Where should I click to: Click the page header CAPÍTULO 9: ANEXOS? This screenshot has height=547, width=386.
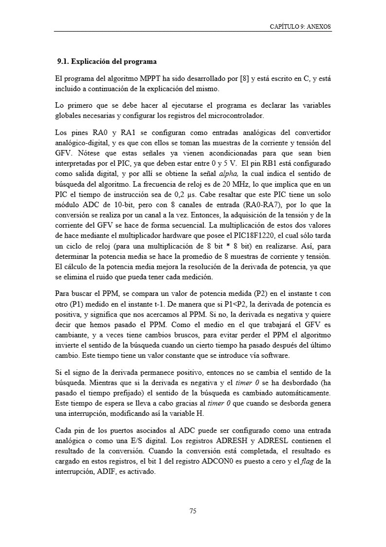pyautogui.click(x=300, y=27)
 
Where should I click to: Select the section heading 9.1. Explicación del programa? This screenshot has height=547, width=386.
pyautogui.click(x=107, y=62)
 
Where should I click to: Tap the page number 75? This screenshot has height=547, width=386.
pyautogui.click(x=193, y=511)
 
